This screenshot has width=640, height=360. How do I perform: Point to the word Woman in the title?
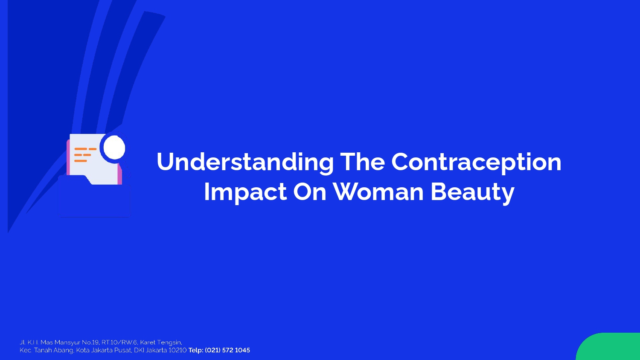coord(378,192)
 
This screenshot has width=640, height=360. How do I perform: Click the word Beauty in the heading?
coord(473,192)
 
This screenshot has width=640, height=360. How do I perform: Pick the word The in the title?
coord(362,161)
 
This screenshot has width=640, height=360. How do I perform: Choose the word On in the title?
coord(310,192)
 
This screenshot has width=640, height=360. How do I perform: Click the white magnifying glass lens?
coord(114,148)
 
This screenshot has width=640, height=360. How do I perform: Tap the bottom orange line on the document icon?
coord(81,161)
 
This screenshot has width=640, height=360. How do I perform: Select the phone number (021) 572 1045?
coord(227,350)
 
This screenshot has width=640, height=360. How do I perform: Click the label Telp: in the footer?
coord(196,350)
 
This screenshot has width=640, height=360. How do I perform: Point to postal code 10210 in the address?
coord(177,350)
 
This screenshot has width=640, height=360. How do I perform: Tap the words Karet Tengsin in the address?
coord(161,342)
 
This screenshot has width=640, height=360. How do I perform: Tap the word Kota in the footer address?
coord(82,350)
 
